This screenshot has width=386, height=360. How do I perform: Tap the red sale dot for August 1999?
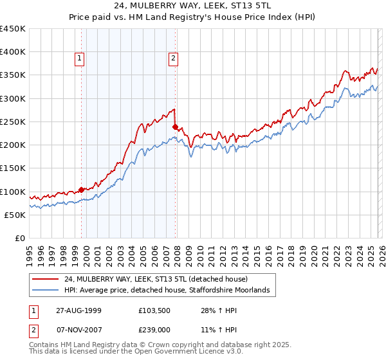[x=82, y=190]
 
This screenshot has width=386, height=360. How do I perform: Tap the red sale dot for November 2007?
[x=175, y=127]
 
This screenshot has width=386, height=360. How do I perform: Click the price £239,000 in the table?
[x=155, y=328]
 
